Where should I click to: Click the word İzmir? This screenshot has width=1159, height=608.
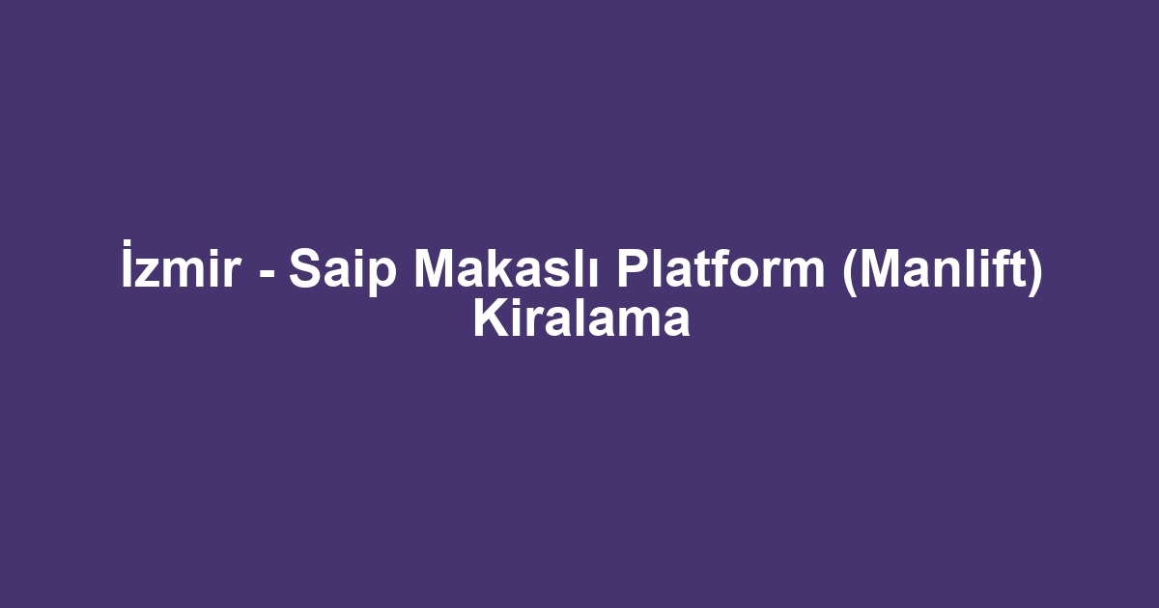(181, 263)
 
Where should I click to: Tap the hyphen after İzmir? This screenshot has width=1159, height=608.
(266, 271)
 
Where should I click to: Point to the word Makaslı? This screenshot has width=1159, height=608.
(505, 268)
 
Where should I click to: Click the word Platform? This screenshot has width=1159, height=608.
(721, 268)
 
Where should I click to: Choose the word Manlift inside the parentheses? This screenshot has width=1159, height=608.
(941, 268)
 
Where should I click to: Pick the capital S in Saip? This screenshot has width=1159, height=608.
(307, 268)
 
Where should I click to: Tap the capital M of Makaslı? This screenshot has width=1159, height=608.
(434, 268)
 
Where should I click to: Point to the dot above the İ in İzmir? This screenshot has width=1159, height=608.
(127, 242)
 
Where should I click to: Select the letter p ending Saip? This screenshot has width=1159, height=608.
(382, 278)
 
